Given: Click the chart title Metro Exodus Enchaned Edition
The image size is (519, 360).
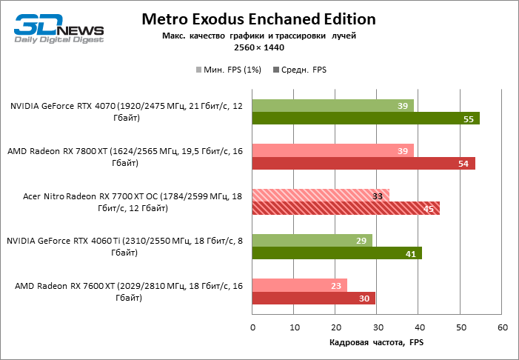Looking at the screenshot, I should pos(258,19).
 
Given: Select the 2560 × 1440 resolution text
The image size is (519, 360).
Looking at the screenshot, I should pos(259,47).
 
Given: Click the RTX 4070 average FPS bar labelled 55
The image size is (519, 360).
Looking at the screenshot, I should pos(366,119).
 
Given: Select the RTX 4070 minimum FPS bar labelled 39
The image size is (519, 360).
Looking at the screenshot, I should pos(333,106).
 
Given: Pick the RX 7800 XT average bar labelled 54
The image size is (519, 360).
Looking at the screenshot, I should pos(364,163).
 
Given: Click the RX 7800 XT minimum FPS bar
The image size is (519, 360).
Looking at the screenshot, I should pos(333,150).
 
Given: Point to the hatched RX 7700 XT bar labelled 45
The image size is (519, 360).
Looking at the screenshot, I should pos(346,208).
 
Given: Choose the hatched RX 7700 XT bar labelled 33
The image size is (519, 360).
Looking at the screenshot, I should pos(321,196).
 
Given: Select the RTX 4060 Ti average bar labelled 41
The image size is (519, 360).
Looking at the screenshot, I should pos(337,253).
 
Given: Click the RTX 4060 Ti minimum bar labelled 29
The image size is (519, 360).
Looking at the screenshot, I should pos(312,240).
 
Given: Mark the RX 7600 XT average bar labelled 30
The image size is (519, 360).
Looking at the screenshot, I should pos(314,298).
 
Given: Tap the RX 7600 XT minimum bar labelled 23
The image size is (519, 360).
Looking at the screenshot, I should pos(300,285).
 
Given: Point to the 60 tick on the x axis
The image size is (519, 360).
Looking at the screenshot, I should pos(502,327).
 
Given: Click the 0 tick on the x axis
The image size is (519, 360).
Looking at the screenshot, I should pos(252,327).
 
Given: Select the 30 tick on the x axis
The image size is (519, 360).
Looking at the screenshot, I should pos(378,327).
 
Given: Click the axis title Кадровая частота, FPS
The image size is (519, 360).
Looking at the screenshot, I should pos(376,342).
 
